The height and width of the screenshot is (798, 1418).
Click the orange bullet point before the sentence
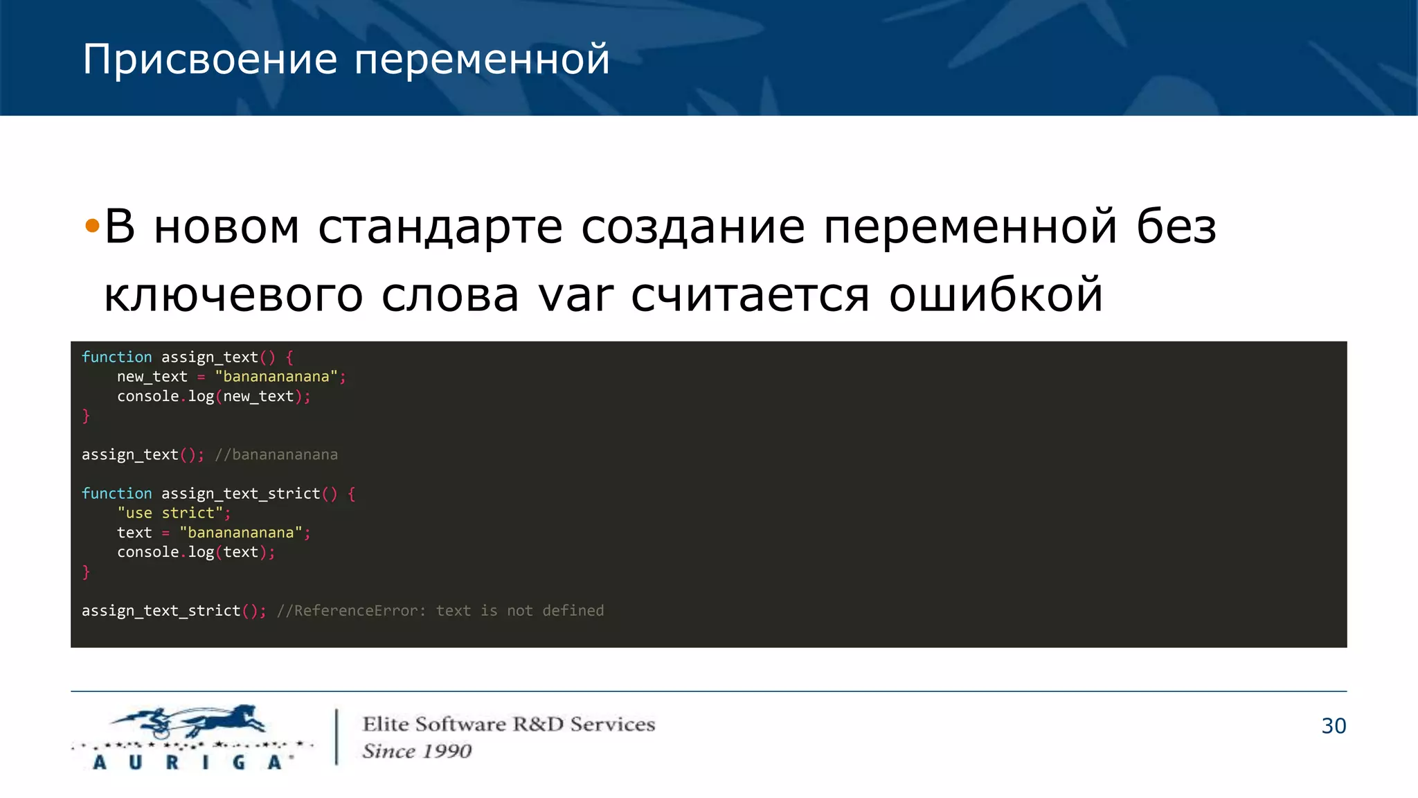pyautogui.click(x=91, y=226)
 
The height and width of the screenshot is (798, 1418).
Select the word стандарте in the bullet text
pyautogui.click(x=440, y=227)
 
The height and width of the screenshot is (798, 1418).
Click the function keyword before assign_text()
pyautogui.click(x=116, y=357)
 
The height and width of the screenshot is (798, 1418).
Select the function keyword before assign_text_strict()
pyautogui.click(x=116, y=494)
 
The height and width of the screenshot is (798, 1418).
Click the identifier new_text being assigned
pyautogui.click(x=152, y=377)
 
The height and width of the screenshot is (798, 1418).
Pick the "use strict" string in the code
pyautogui.click(x=170, y=513)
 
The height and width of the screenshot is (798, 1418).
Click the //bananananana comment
pyautogui.click(x=276, y=455)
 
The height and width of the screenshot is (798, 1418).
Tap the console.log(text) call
pyautogui.click(x=196, y=552)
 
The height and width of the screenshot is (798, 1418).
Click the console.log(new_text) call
pyautogui.click(x=213, y=396)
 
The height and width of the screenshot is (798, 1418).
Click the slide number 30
pyautogui.click(x=1333, y=726)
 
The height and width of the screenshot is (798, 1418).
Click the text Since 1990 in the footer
pyautogui.click(x=417, y=752)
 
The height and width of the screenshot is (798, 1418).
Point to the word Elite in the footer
pyautogui.click(x=386, y=725)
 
